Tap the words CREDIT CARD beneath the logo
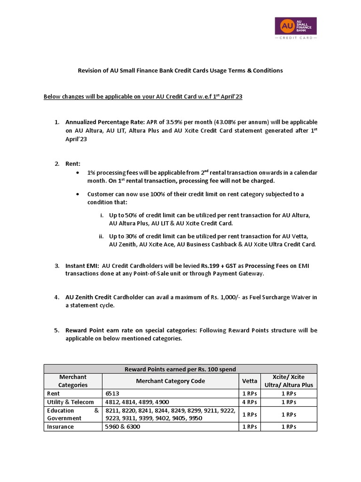(295, 38)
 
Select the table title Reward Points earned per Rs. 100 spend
(180, 369)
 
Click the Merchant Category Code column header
(170, 381)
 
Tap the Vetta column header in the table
(249, 381)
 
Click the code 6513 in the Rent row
(112, 393)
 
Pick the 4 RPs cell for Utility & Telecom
(249, 402)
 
